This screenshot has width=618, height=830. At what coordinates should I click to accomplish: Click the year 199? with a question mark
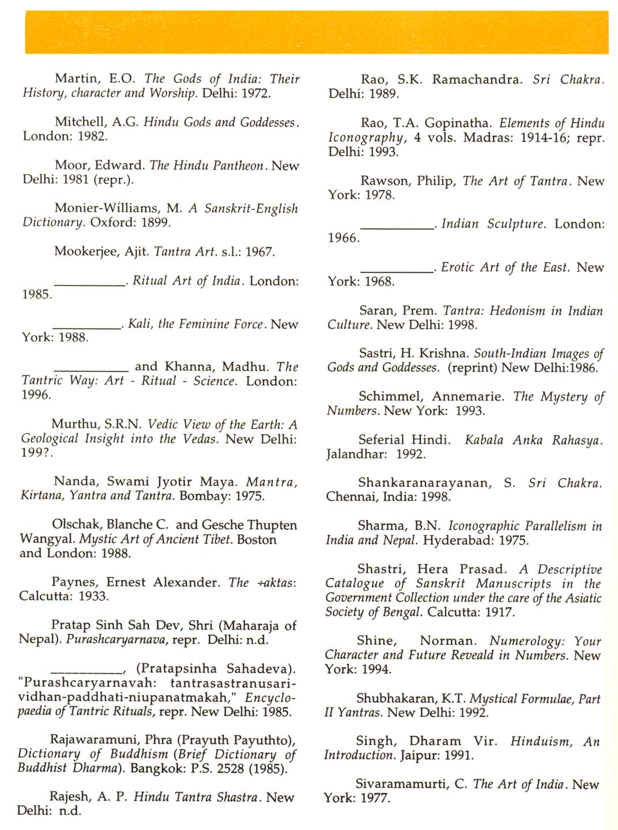point(36,453)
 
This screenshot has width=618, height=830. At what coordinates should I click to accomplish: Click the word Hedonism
point(516,311)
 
